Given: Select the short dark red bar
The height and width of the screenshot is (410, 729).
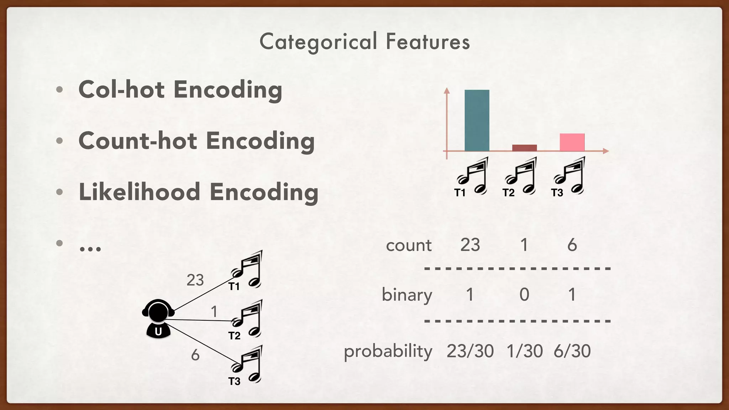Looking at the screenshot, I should pos(524,148).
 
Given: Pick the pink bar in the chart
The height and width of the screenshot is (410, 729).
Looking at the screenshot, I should pos(572,142).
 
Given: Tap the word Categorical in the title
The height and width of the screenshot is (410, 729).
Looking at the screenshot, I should pos(318,42).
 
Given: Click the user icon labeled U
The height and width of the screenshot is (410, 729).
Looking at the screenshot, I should pos(158,319).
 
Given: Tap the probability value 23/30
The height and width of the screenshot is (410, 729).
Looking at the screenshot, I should pos(470,351).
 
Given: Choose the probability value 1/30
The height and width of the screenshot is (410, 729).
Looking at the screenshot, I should pos(524,351).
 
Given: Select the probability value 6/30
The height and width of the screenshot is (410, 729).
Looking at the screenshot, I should pos(572,351).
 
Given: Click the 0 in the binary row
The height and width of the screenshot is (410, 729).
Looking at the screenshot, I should pos(524,295).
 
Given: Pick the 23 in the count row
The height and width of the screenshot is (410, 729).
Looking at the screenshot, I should pos(470,245).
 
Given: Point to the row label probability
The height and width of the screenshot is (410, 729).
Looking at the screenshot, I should pos(388,352).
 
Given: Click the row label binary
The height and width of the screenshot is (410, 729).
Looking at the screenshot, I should pos(407,295).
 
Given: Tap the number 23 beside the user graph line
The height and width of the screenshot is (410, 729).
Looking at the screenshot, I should pos(195,280).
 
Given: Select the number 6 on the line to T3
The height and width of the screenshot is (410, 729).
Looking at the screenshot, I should pos(195,355).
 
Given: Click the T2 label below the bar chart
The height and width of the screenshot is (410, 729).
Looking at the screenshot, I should pos(508,193).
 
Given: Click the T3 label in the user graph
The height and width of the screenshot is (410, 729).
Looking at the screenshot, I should pos(234,382).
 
